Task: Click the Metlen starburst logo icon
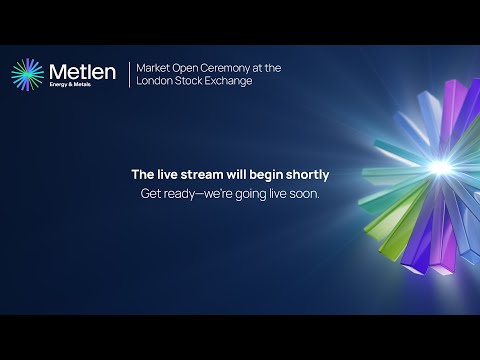(x=28, y=75)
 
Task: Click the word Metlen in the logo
(x=82, y=71)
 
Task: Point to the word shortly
(x=304, y=174)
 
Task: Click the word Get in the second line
(x=152, y=193)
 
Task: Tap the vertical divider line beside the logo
(x=129, y=75)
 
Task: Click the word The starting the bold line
(x=142, y=174)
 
